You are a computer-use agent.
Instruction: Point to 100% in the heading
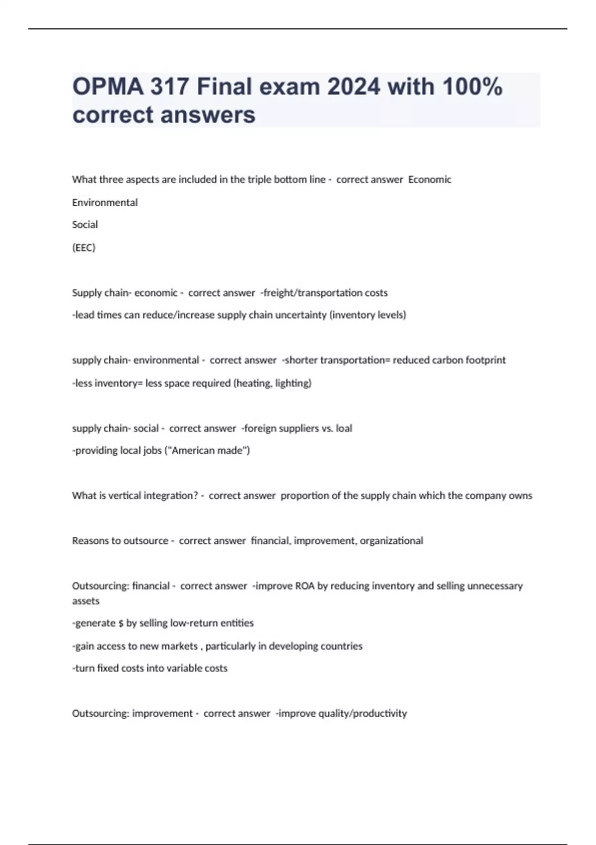click(x=472, y=86)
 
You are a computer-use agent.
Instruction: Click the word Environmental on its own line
click(x=105, y=202)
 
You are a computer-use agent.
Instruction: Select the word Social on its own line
click(x=85, y=225)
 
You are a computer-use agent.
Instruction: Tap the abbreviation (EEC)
click(x=83, y=248)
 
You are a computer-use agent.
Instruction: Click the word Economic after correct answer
click(x=430, y=179)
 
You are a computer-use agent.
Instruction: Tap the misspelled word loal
click(x=344, y=428)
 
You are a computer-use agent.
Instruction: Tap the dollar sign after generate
click(x=121, y=623)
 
